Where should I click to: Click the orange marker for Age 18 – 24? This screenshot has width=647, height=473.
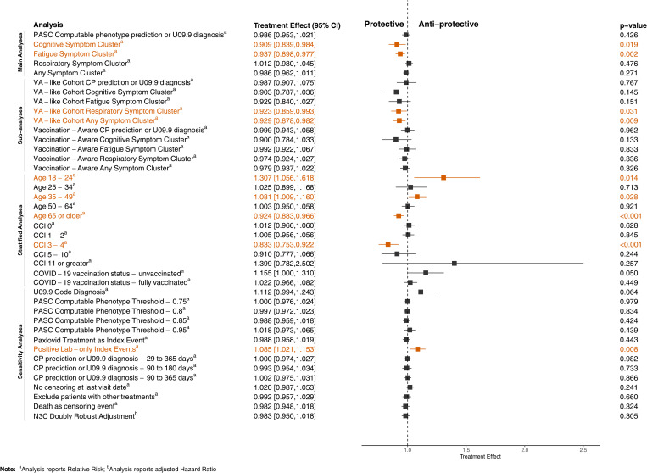443,178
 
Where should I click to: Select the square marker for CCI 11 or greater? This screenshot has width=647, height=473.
455,264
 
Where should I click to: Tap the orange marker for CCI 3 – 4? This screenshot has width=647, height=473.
388,244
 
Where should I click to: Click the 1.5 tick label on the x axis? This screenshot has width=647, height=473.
466,450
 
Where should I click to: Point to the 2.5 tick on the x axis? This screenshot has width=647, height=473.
583,447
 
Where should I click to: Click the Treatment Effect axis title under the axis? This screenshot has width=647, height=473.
480,457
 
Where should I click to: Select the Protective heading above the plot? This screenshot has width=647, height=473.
384,25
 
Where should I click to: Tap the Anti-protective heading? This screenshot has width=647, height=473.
449,25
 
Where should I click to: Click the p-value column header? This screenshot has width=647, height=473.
633,25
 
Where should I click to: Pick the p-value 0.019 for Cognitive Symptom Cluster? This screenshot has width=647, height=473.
628,45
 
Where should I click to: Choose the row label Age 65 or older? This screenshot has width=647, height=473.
59,215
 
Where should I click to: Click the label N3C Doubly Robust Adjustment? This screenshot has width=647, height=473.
85,416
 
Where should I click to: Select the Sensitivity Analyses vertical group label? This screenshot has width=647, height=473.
20,351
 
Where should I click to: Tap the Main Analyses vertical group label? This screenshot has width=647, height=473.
20,53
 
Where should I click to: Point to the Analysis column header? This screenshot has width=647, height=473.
48,25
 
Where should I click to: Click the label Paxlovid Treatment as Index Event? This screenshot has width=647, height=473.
91,340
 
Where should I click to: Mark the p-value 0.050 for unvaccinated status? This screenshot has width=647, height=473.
628,273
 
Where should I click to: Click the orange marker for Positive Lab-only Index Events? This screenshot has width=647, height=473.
417,349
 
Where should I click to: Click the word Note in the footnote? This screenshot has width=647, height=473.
8,469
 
